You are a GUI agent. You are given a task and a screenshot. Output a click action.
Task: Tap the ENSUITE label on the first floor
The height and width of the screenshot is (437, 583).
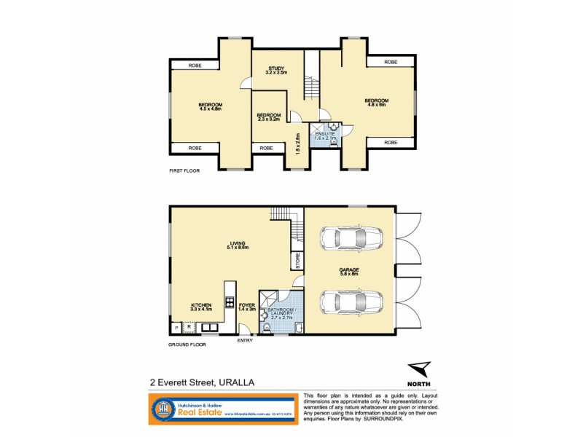click(324, 136)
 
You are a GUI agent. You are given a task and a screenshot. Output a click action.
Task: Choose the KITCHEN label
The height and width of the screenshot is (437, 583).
click(201, 307)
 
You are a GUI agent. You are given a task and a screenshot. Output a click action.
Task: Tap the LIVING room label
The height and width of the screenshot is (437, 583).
click(238, 245)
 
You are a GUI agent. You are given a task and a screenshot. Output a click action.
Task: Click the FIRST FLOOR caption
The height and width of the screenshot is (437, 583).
click(185, 170)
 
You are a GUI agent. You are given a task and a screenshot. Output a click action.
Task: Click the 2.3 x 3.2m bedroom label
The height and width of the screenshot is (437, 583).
click(269, 117)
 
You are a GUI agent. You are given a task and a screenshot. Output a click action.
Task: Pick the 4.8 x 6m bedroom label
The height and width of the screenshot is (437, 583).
click(377, 103)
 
